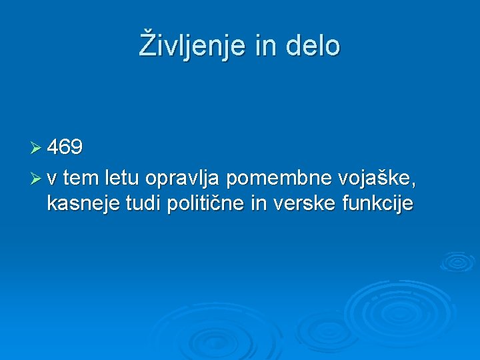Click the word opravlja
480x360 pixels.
click(x=183, y=179)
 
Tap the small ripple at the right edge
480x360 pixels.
click(x=457, y=261)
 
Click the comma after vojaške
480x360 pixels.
click(x=422, y=185)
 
